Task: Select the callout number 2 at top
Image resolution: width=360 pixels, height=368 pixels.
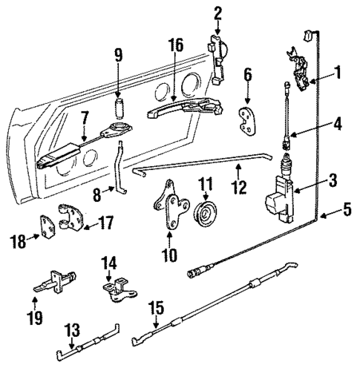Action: click(218, 12)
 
